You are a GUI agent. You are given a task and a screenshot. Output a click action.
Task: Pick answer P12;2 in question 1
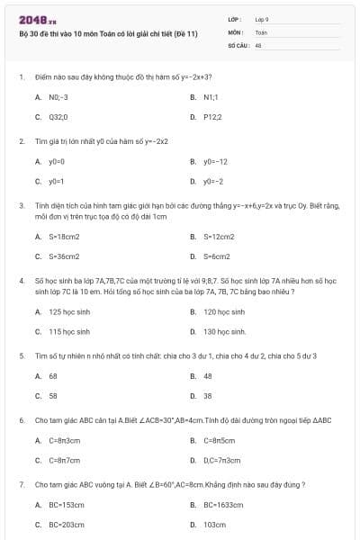212,117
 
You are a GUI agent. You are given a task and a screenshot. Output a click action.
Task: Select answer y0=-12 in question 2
215,161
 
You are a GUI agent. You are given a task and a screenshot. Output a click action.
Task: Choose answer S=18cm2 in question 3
64,237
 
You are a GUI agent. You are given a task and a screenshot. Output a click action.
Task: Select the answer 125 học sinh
69,312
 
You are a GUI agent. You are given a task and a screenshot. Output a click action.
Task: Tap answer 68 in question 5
53,376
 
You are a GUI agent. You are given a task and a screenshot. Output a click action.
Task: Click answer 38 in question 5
208,396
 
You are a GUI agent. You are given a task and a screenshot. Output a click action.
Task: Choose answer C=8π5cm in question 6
219,440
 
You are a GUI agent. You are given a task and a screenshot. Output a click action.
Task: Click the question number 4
21,281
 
